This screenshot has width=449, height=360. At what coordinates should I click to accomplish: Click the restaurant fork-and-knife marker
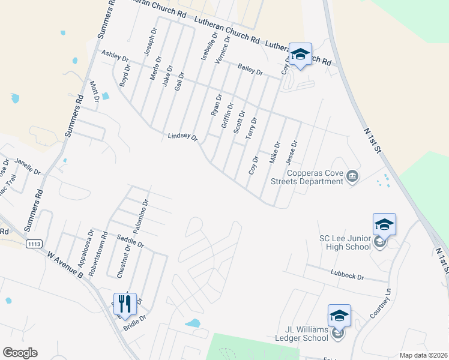point(125,304)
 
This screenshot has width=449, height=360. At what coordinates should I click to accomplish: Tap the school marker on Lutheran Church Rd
point(300,55)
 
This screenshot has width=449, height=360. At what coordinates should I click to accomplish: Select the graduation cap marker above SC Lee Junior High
point(384,224)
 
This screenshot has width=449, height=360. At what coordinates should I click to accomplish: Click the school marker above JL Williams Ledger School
point(339,316)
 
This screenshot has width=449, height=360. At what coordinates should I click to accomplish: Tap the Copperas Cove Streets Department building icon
point(353,176)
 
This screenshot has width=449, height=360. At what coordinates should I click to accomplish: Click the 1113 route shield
point(33,244)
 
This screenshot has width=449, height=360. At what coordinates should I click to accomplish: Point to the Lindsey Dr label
point(182,137)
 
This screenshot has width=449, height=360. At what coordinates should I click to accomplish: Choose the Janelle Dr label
point(27,166)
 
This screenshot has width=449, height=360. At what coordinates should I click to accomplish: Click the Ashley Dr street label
point(115,56)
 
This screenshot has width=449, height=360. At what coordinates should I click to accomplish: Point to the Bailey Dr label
point(250,70)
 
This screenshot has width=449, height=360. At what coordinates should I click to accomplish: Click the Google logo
point(20,353)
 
